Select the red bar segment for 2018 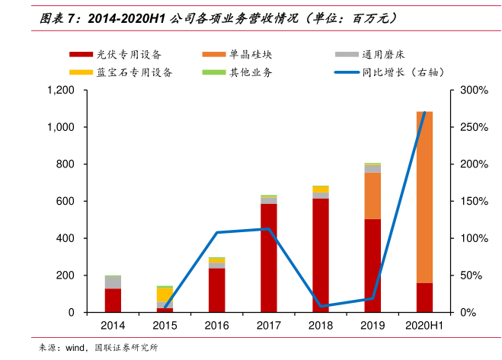pos(321,255)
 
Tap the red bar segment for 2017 pos(269,257)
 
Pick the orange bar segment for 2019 pos(373,196)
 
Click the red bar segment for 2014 pos(113,300)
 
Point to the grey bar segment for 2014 pos(113,282)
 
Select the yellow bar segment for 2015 pos(165,295)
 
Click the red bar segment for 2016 pos(217,290)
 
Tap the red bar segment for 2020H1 pos(424,298)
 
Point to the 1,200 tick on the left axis pos(61,91)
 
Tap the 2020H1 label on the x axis pos(424,325)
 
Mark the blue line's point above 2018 pos(321,306)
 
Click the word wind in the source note pos(73,348)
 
